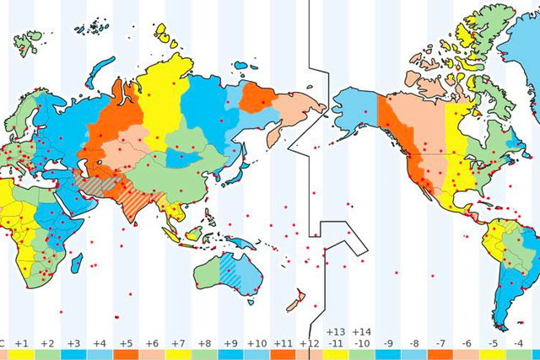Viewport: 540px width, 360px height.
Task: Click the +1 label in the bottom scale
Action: (22, 343)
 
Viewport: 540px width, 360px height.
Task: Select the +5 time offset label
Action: (126, 343)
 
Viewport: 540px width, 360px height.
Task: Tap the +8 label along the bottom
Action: (204, 343)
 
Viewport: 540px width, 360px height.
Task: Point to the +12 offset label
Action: (309, 343)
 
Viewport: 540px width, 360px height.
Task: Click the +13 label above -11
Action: (336, 332)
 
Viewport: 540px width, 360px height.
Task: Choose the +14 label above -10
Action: (361, 332)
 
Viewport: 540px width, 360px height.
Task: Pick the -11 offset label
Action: (336, 344)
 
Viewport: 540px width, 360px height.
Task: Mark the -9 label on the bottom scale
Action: (388, 343)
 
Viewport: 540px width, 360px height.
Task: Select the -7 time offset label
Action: (440, 343)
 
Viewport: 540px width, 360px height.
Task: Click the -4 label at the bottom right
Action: (519, 343)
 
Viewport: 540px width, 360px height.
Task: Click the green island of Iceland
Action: (28, 40)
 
